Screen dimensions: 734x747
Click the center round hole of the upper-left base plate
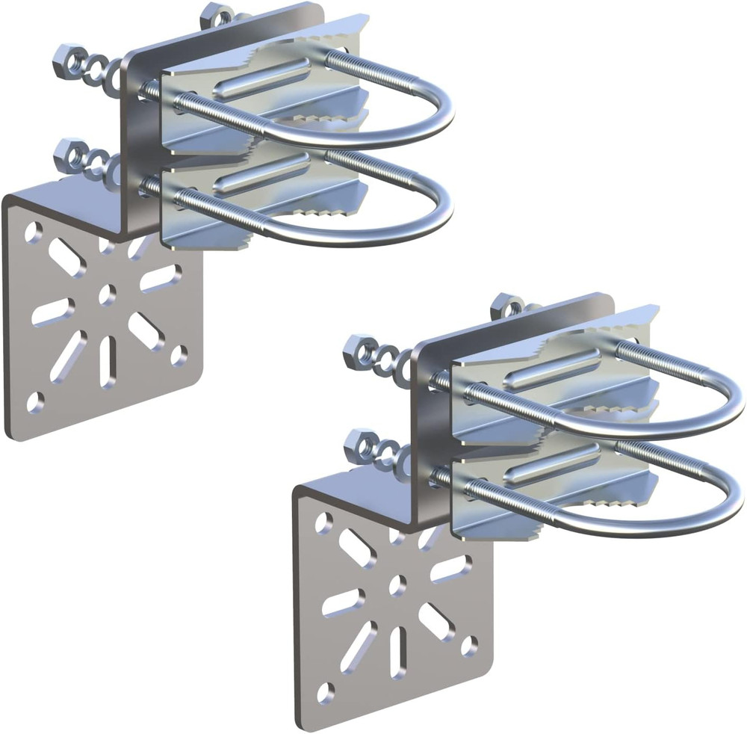tap(107, 294)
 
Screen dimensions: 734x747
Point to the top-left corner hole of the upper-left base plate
tap(32, 233)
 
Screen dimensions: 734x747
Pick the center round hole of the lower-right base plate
tap(397, 585)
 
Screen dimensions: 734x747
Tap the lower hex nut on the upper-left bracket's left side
tap(68, 154)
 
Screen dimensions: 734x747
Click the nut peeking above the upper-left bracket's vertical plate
tap(217, 15)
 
